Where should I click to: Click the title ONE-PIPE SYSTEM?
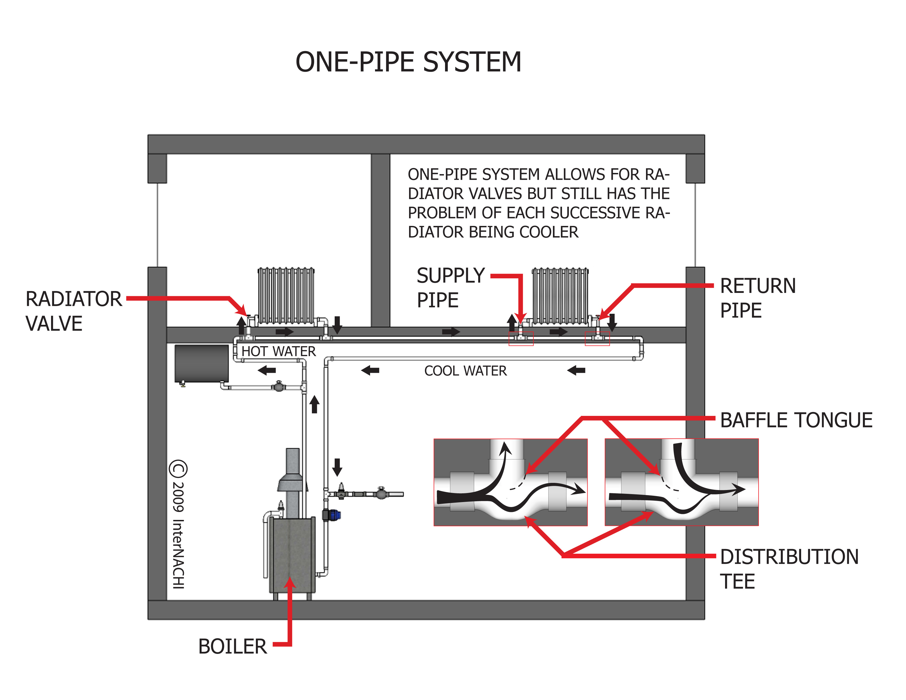coord(408,62)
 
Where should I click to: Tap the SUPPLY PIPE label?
coord(451,288)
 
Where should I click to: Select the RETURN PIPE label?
coord(757,298)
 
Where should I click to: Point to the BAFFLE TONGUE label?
coord(796,420)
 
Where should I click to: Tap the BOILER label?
coord(232,646)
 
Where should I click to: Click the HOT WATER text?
coord(278,351)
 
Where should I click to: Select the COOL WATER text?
coord(465,371)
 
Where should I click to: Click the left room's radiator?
coord(286,295)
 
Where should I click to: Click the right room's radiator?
coord(560,295)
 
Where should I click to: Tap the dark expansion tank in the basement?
coord(202,363)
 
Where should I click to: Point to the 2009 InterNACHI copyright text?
coord(178,525)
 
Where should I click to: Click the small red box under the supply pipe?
coord(521,339)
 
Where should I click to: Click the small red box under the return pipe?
coord(597,339)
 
